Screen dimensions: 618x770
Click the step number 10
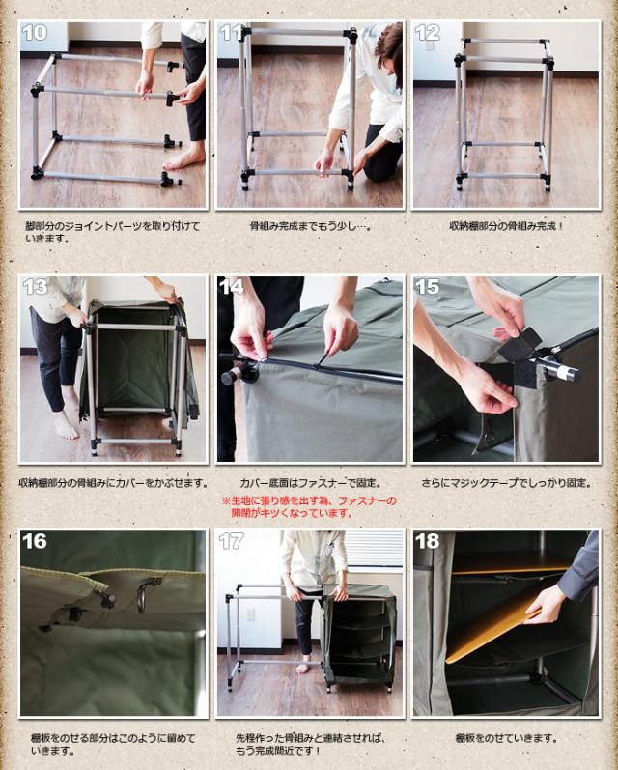click(x=35, y=33)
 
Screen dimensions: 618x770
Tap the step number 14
click(x=231, y=286)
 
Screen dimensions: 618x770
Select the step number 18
click(x=427, y=541)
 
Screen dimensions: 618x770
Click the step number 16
click(x=35, y=541)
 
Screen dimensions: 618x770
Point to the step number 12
click(x=427, y=33)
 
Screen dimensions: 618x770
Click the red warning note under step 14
click(x=309, y=507)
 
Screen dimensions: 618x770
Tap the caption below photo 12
click(x=506, y=226)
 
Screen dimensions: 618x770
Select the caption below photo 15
click(x=506, y=483)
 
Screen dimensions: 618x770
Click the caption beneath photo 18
click(x=506, y=738)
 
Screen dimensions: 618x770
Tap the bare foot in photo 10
click(x=184, y=155)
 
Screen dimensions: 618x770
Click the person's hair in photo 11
click(x=390, y=46)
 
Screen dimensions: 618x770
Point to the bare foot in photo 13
click(x=66, y=425)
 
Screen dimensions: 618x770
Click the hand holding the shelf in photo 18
click(x=543, y=605)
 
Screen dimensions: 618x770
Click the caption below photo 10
click(x=112, y=232)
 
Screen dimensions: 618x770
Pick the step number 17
click(x=231, y=541)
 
